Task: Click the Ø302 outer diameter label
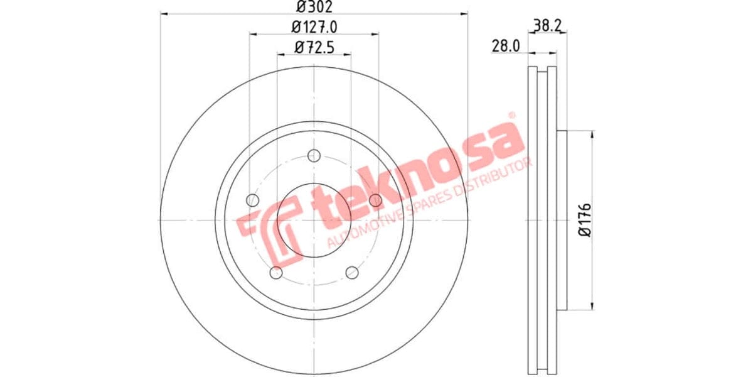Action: (x=314, y=7)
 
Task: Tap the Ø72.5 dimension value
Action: (x=314, y=46)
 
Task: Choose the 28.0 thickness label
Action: (x=506, y=46)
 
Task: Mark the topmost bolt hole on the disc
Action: (x=314, y=155)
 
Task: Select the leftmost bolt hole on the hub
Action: (x=253, y=200)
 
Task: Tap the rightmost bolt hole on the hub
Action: (x=375, y=200)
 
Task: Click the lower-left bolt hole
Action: (x=276, y=272)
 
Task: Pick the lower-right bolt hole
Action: (x=352, y=272)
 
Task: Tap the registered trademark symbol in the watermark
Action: (x=511, y=116)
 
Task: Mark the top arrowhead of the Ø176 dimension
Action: (x=592, y=133)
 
